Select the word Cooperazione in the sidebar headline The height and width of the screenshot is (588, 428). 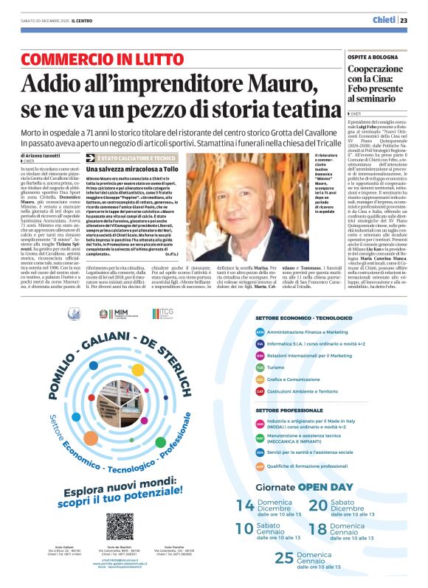[x=377, y=69]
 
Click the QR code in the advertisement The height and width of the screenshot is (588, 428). [x=120, y=527]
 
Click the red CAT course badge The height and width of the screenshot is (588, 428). [x=260, y=391]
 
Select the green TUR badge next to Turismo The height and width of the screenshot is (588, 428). [x=260, y=367]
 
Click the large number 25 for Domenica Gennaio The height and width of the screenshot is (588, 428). [x=284, y=558]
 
